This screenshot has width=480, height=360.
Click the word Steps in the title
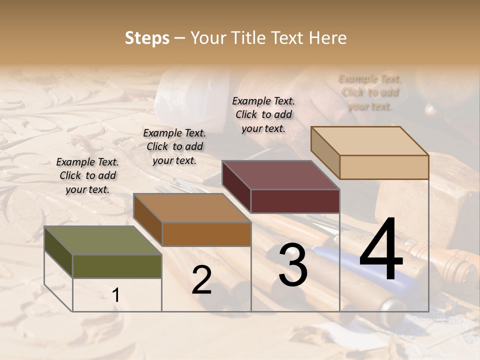click(147, 38)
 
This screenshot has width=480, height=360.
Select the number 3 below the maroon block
click(293, 265)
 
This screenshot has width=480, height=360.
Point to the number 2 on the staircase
click(202, 280)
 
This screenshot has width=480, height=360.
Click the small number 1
click(116, 295)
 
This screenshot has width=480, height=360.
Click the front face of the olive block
click(117, 266)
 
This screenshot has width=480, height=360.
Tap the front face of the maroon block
click(295, 201)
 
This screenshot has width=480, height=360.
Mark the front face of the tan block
click(384, 167)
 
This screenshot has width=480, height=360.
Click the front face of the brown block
click(206, 234)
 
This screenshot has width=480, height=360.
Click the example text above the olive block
click(87, 175)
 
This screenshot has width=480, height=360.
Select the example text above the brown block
click(174, 146)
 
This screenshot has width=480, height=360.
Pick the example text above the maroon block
click(263, 114)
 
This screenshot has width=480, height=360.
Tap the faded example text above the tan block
click(370, 92)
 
